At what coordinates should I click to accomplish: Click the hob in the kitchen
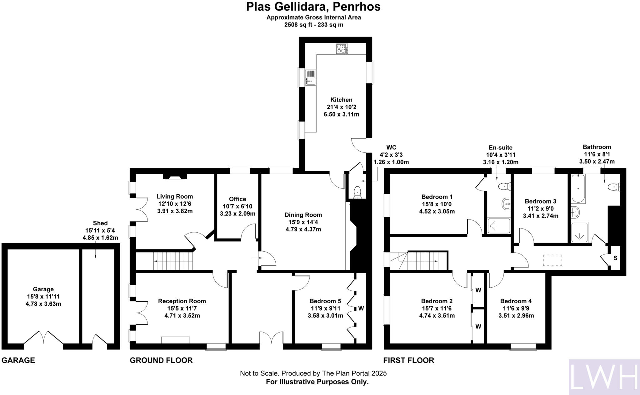(x=342, y=49)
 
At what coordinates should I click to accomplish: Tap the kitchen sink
(x=311, y=77)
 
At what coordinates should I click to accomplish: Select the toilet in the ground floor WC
(x=357, y=192)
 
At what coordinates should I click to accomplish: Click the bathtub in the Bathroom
(x=578, y=189)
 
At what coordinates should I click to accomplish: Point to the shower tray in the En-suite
(x=499, y=226)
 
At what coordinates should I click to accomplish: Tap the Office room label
(x=237, y=199)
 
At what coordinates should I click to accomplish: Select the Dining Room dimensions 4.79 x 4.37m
(x=303, y=229)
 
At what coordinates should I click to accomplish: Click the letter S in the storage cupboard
(x=615, y=258)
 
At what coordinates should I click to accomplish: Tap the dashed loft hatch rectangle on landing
(x=552, y=260)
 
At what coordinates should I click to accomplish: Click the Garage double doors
(x=44, y=337)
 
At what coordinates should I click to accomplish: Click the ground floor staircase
(x=173, y=261)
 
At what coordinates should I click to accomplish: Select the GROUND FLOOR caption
(x=161, y=360)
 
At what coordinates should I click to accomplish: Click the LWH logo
(x=604, y=377)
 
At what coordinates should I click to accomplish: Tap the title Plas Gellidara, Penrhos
(x=313, y=7)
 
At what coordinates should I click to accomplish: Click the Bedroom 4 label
(x=516, y=301)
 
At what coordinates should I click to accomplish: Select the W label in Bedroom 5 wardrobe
(x=361, y=308)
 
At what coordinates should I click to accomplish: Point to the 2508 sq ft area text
(x=313, y=25)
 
